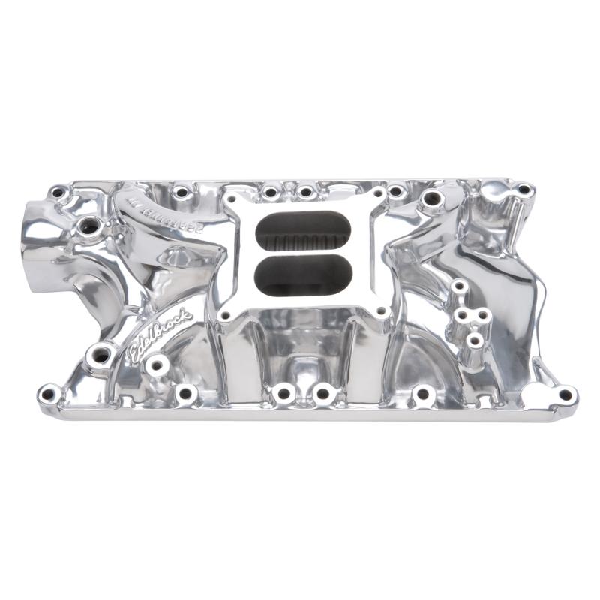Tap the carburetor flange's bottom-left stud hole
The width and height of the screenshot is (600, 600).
pyautogui.click(x=225, y=316)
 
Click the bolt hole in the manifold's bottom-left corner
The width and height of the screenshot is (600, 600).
pyautogui.click(x=49, y=392)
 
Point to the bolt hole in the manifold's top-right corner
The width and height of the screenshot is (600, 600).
pyautogui.click(x=523, y=190)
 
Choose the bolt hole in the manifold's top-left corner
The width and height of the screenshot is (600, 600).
pyautogui.click(x=57, y=193)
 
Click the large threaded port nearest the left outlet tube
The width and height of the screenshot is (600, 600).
pyautogui.click(x=89, y=225)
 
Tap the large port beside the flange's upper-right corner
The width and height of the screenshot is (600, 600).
pyautogui.click(x=431, y=200)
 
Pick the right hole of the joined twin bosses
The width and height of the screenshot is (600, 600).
pyautogui.click(x=482, y=315)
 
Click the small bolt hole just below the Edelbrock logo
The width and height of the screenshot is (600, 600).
pyautogui.click(x=157, y=366)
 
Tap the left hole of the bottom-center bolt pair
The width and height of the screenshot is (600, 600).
pyautogui.click(x=283, y=392)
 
